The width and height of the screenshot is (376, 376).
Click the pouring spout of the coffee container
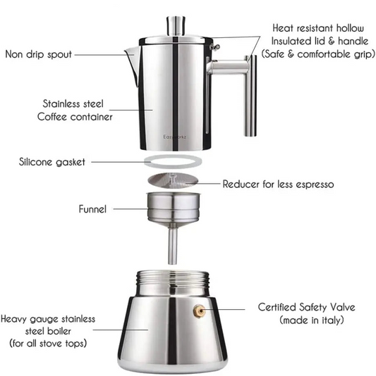point(129,55)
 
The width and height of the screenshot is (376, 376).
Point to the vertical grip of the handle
point(250,99)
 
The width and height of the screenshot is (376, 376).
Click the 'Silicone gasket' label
point(52,162)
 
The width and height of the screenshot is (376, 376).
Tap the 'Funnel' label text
point(93,208)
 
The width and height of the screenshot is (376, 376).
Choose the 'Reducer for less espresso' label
point(278,184)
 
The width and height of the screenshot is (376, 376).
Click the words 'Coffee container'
point(75,117)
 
